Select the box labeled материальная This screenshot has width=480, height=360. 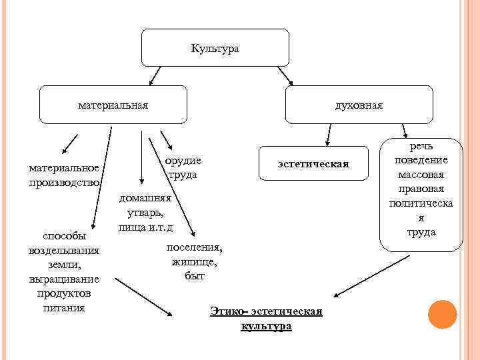pyautogui.click(x=113, y=105)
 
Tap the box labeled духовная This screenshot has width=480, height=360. pyautogui.click(x=359, y=105)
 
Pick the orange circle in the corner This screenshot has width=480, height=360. pyautogui.click(x=441, y=315)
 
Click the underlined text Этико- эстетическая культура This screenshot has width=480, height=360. pyautogui.click(x=266, y=319)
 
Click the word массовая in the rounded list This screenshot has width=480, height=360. pyautogui.click(x=421, y=175)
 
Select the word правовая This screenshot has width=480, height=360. pyautogui.click(x=421, y=189)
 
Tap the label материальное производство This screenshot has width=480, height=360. pyautogui.click(x=64, y=175)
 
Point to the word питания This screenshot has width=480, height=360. pyautogui.click(x=64, y=308)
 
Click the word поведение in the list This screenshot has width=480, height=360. pyautogui.click(x=421, y=161)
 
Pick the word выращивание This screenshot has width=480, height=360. pyautogui.click(x=64, y=279)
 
